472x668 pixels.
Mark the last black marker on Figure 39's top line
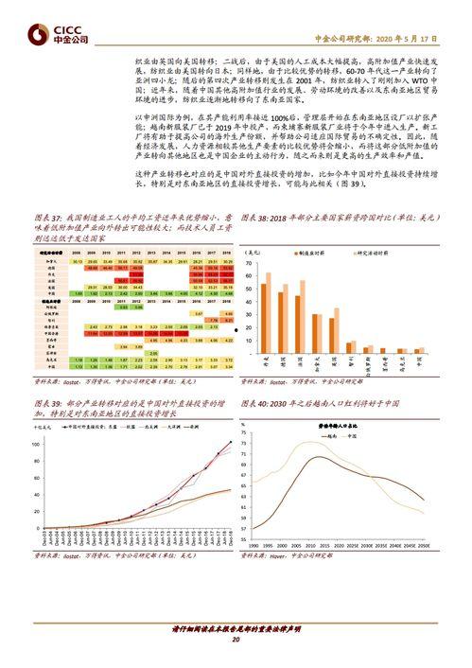point(230,442)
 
